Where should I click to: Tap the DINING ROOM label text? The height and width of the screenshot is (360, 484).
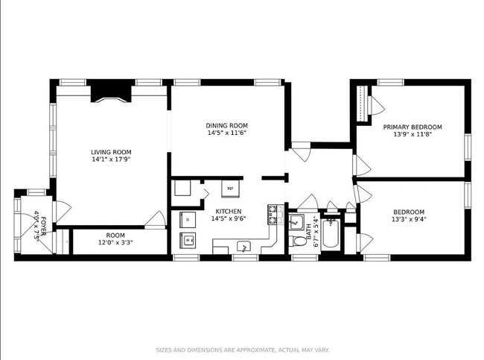pyautogui.click(x=226, y=125)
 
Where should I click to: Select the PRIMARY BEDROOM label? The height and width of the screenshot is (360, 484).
pyautogui.click(x=413, y=127)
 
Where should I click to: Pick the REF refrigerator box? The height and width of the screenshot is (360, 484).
pyautogui.click(x=230, y=189)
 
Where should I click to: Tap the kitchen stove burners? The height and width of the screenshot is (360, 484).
pyautogui.click(x=273, y=215)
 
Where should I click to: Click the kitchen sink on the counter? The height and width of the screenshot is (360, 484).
pyautogui.click(x=243, y=246)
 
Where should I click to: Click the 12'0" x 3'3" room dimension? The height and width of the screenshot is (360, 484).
pyautogui.click(x=115, y=243)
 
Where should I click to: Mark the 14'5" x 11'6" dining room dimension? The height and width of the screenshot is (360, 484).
pyautogui.click(x=226, y=133)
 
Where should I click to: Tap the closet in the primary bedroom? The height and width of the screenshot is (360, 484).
pyautogui.click(x=362, y=103)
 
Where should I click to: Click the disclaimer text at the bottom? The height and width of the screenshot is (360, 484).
pyautogui.click(x=242, y=349)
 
